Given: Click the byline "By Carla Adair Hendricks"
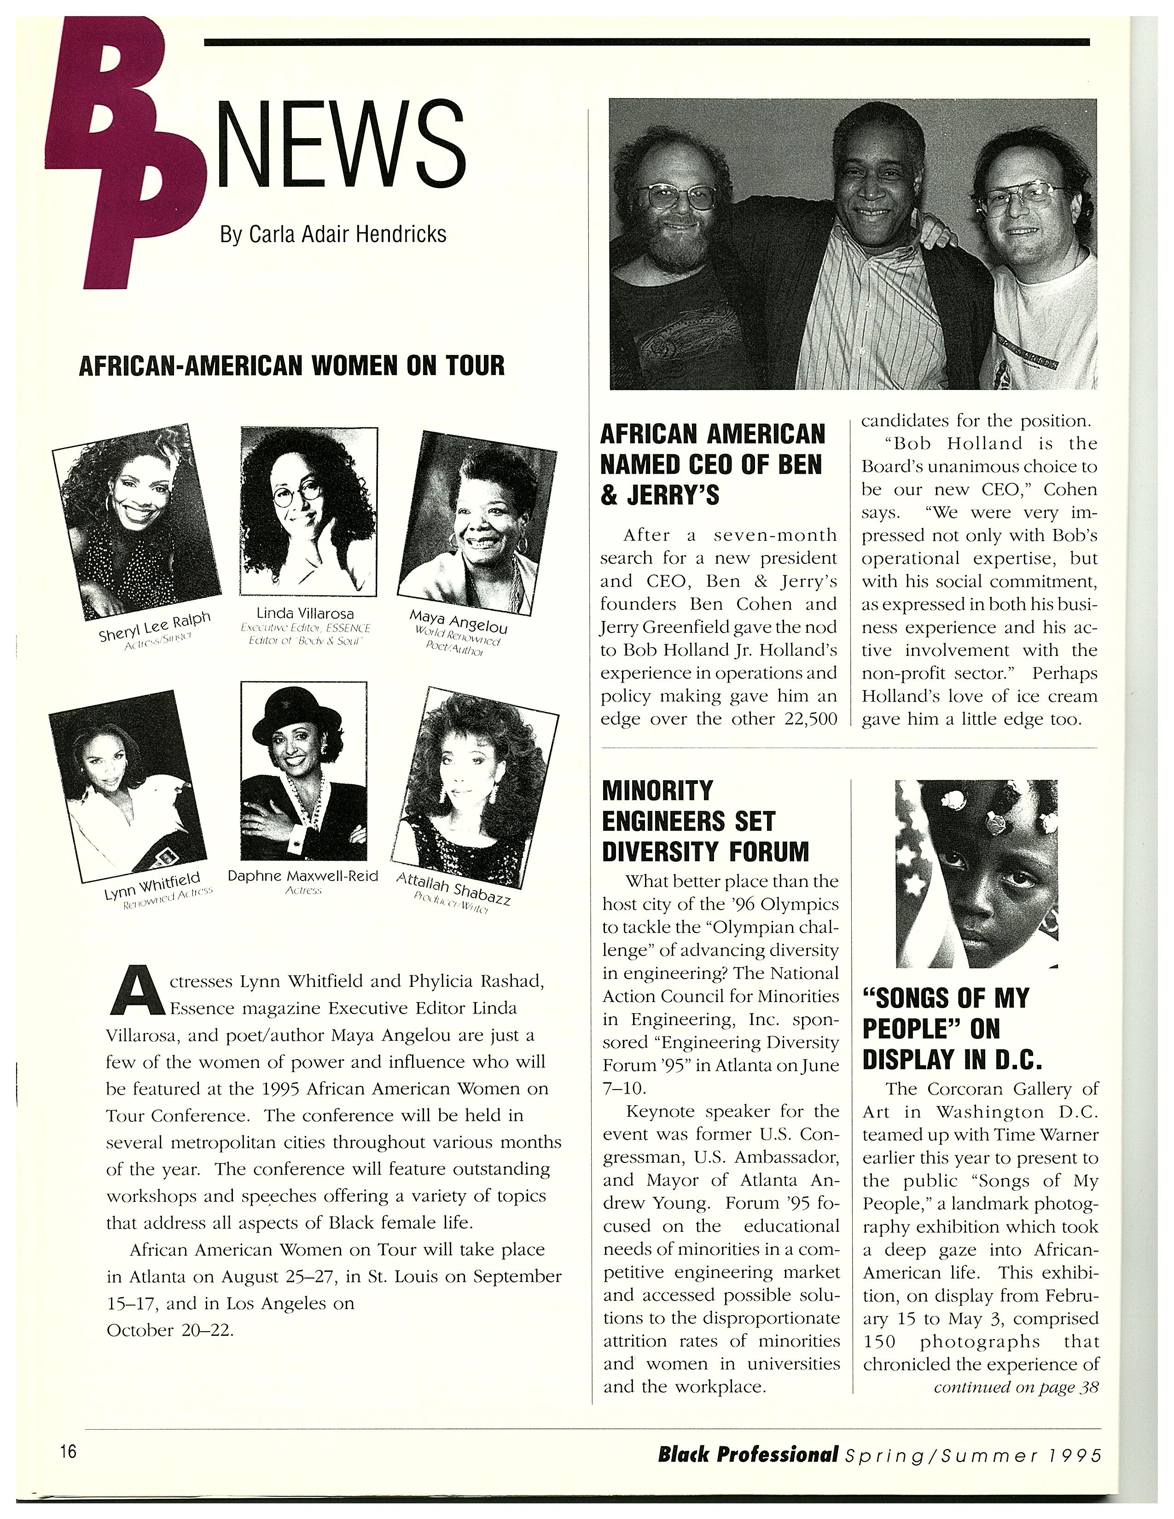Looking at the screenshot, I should (333, 234).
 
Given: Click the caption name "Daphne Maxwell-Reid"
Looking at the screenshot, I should (302, 875).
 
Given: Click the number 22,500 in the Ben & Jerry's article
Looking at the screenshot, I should (809, 719).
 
